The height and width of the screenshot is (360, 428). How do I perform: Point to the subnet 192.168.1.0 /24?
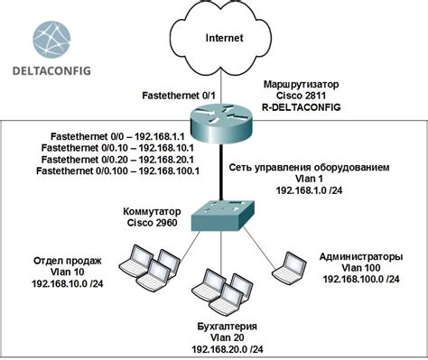308,191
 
